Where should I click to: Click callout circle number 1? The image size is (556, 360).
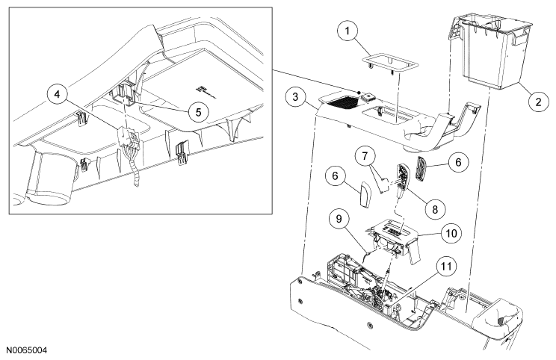click(x=347, y=31)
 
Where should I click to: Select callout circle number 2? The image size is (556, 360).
click(x=538, y=102)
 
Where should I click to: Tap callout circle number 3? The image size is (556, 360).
click(x=296, y=96)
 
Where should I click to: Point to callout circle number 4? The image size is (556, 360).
click(x=57, y=94)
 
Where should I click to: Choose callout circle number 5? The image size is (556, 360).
click(x=198, y=112)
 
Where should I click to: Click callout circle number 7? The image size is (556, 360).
click(x=365, y=155)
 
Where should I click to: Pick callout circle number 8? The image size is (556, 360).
click(x=435, y=209)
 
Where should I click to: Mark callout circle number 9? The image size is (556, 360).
click(x=339, y=219)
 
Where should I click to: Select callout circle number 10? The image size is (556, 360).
click(x=451, y=233)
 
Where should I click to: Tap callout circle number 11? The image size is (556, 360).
click(x=446, y=265)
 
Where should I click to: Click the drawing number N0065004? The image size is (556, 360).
click(x=24, y=350)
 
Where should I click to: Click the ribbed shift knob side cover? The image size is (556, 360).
click(x=422, y=170)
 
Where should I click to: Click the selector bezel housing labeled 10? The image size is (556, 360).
click(x=394, y=241)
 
